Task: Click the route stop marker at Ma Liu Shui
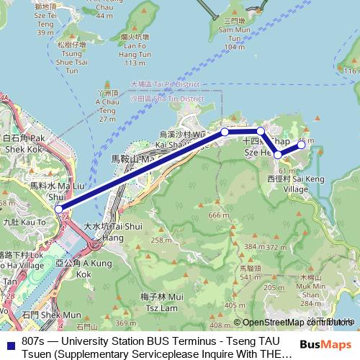point(59,210)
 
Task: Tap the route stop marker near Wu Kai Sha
point(225,132)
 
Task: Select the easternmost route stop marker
point(302,147)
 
